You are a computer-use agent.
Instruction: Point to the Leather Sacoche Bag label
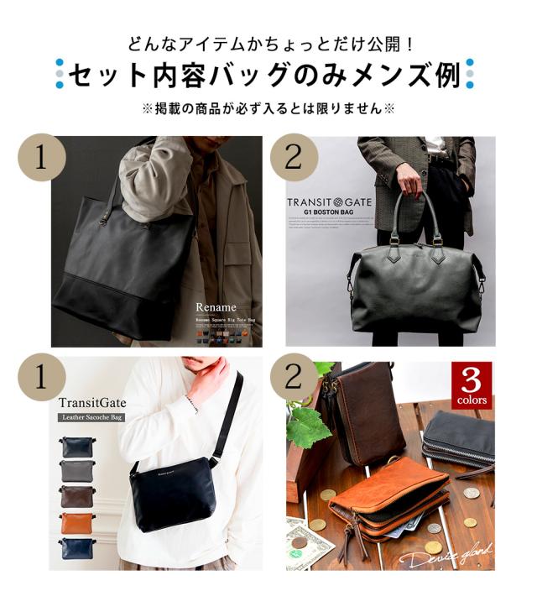(91, 416)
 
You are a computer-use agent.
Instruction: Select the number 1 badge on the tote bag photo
(42, 156)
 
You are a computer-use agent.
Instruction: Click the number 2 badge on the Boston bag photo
(293, 156)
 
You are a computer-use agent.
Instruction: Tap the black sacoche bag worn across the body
(175, 495)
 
